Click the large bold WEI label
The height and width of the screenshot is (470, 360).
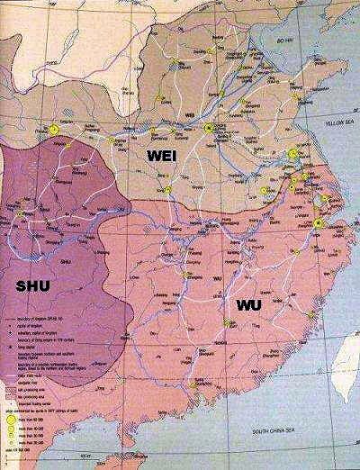tap(166, 156)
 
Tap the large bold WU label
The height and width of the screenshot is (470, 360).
tap(248, 306)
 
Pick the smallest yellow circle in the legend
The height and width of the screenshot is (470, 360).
tap(11, 455)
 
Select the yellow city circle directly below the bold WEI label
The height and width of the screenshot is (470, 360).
tap(167, 190)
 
